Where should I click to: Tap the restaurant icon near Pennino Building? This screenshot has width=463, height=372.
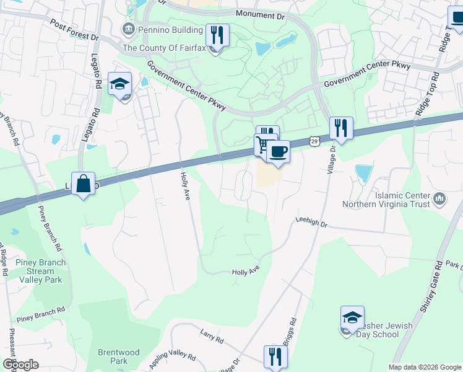217,35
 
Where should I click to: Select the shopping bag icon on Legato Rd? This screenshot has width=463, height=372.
83,184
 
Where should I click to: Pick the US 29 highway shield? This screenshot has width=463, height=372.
314,142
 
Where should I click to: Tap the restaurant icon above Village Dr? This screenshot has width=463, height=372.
340,128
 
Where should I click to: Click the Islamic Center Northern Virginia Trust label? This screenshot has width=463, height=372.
402,199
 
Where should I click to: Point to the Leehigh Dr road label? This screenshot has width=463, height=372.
310,219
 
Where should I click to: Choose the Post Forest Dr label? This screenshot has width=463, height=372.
75,29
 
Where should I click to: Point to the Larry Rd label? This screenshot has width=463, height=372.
211,335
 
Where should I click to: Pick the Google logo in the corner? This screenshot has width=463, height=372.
20,365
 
